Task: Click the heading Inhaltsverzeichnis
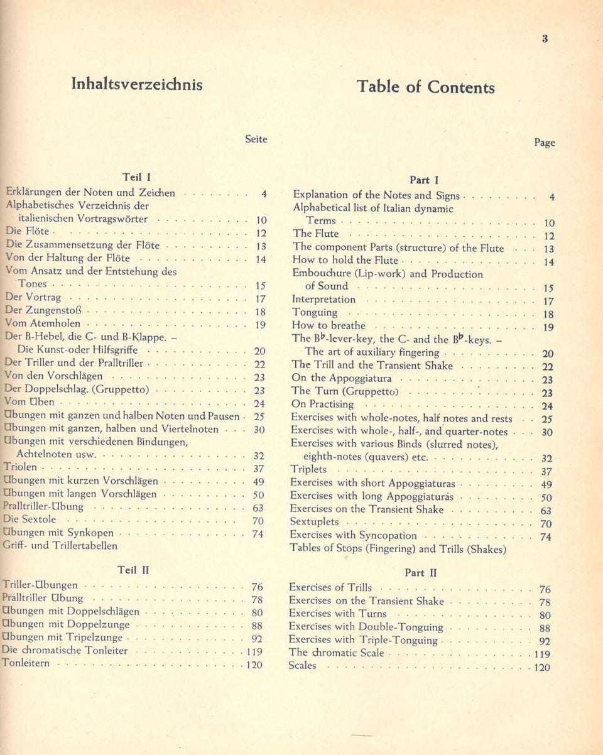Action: (136, 84)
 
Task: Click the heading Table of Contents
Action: (425, 87)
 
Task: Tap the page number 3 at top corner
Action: (545, 38)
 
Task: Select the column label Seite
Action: (256, 139)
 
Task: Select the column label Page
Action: (544, 143)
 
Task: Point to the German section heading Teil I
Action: (137, 177)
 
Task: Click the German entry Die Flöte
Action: (26, 231)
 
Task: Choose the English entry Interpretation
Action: (323, 300)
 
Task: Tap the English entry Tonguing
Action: (315, 313)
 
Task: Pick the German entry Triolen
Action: (20, 467)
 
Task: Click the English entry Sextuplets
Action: (314, 522)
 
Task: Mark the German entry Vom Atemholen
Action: (43, 323)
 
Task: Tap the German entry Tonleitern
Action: (26, 663)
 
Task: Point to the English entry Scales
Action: (302, 666)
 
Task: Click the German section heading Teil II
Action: (133, 570)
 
